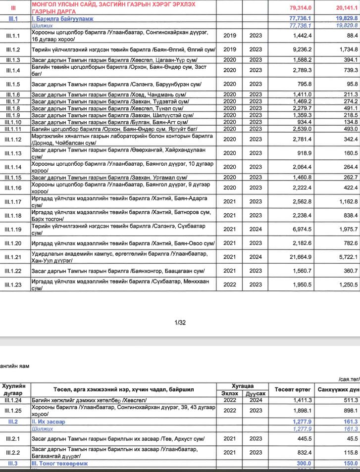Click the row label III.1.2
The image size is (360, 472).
pos(13,49)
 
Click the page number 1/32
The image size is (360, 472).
pos(180,323)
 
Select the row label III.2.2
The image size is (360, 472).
pos(13,452)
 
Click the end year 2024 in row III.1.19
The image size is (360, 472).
pos(256,230)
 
